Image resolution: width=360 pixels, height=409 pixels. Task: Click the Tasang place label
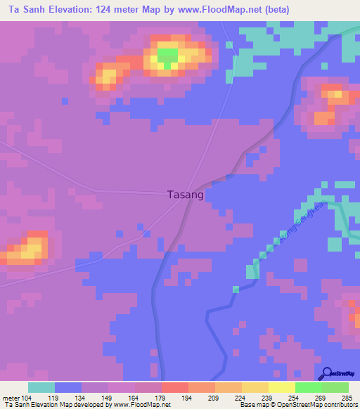186,195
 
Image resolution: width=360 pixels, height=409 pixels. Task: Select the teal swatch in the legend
41,387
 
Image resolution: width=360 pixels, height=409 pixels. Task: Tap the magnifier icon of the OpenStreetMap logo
326,373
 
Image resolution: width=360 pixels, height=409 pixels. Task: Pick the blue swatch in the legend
68,387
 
